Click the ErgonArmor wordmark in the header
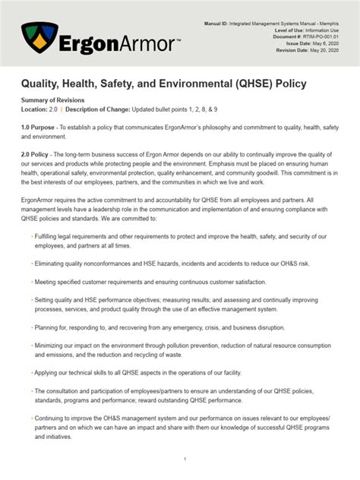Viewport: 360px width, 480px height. [121, 43]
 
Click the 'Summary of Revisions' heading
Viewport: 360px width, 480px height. [52, 101]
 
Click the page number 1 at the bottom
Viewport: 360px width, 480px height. [185, 459]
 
